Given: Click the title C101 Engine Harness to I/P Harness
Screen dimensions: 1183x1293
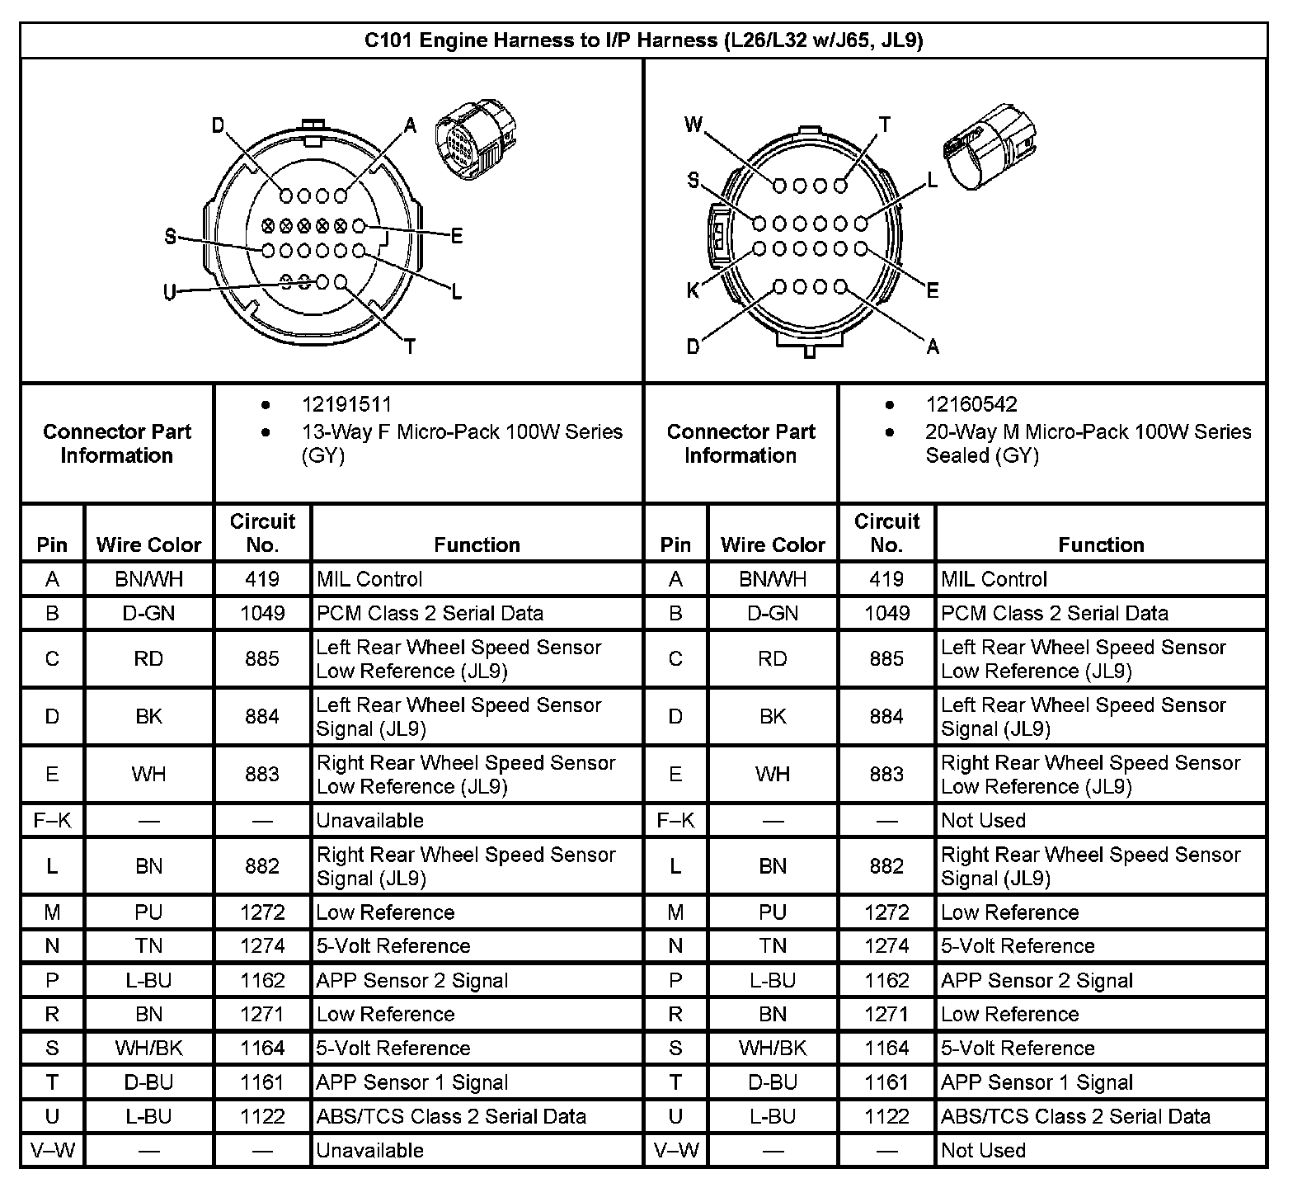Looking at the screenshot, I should tap(643, 40).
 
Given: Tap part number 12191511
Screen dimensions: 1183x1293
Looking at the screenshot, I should tap(346, 404).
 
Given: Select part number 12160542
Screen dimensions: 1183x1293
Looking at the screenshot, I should tap(971, 404).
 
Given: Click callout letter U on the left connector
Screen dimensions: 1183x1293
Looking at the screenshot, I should tap(169, 292).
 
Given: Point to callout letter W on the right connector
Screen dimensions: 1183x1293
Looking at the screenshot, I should tap(694, 125).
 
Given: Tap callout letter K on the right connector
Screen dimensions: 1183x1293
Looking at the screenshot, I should tap(693, 290).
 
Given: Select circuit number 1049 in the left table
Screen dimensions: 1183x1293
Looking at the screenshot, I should tap(262, 613).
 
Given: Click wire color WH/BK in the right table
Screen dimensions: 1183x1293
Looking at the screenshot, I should tap(773, 1048).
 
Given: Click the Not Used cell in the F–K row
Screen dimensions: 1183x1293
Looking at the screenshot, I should tap(983, 820).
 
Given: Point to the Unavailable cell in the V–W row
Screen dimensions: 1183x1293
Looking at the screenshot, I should tap(369, 1150).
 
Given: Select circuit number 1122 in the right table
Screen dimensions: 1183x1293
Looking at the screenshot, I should tap(886, 1116).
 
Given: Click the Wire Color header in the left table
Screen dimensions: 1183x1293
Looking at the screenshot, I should tap(148, 544).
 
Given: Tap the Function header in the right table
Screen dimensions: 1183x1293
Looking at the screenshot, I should tap(1101, 544).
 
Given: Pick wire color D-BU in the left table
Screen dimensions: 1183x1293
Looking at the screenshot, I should tap(148, 1082).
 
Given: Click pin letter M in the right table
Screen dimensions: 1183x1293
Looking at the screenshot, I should tap(675, 912).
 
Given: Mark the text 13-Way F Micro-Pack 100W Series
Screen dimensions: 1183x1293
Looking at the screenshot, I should tap(462, 431).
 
